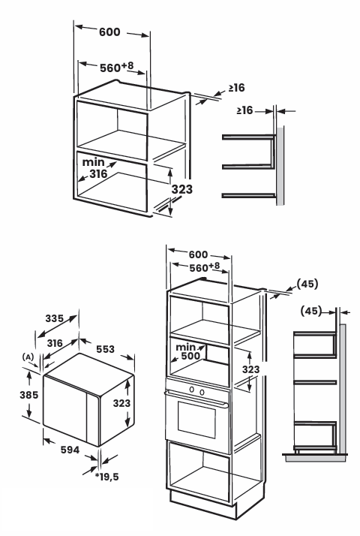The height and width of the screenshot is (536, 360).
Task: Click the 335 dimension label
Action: click(x=55, y=318)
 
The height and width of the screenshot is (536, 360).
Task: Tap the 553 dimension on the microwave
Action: click(x=105, y=349)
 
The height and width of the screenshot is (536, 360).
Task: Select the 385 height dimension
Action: click(x=29, y=395)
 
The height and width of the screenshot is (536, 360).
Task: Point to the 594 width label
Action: click(x=70, y=450)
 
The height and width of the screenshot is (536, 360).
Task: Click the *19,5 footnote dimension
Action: click(x=107, y=477)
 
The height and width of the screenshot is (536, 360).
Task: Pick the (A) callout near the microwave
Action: click(x=28, y=357)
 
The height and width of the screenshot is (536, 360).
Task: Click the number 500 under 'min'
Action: click(x=190, y=356)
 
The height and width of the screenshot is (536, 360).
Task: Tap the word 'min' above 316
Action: click(x=94, y=162)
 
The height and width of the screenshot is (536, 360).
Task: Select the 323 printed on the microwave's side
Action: click(x=122, y=403)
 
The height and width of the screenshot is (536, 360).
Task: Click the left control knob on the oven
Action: click(x=192, y=389)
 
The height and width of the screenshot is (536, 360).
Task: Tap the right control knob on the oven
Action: click(x=202, y=392)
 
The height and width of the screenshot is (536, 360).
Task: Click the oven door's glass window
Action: click(x=196, y=420)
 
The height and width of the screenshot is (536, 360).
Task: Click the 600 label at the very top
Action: click(x=109, y=32)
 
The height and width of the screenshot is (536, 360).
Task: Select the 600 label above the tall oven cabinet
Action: click(x=198, y=254)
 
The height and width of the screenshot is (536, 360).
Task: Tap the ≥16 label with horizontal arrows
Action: click(x=244, y=110)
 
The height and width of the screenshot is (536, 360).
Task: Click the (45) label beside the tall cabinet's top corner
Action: click(x=307, y=284)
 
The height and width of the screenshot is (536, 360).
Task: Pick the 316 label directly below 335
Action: click(x=55, y=343)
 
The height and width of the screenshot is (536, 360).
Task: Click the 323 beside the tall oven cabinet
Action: click(x=251, y=369)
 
